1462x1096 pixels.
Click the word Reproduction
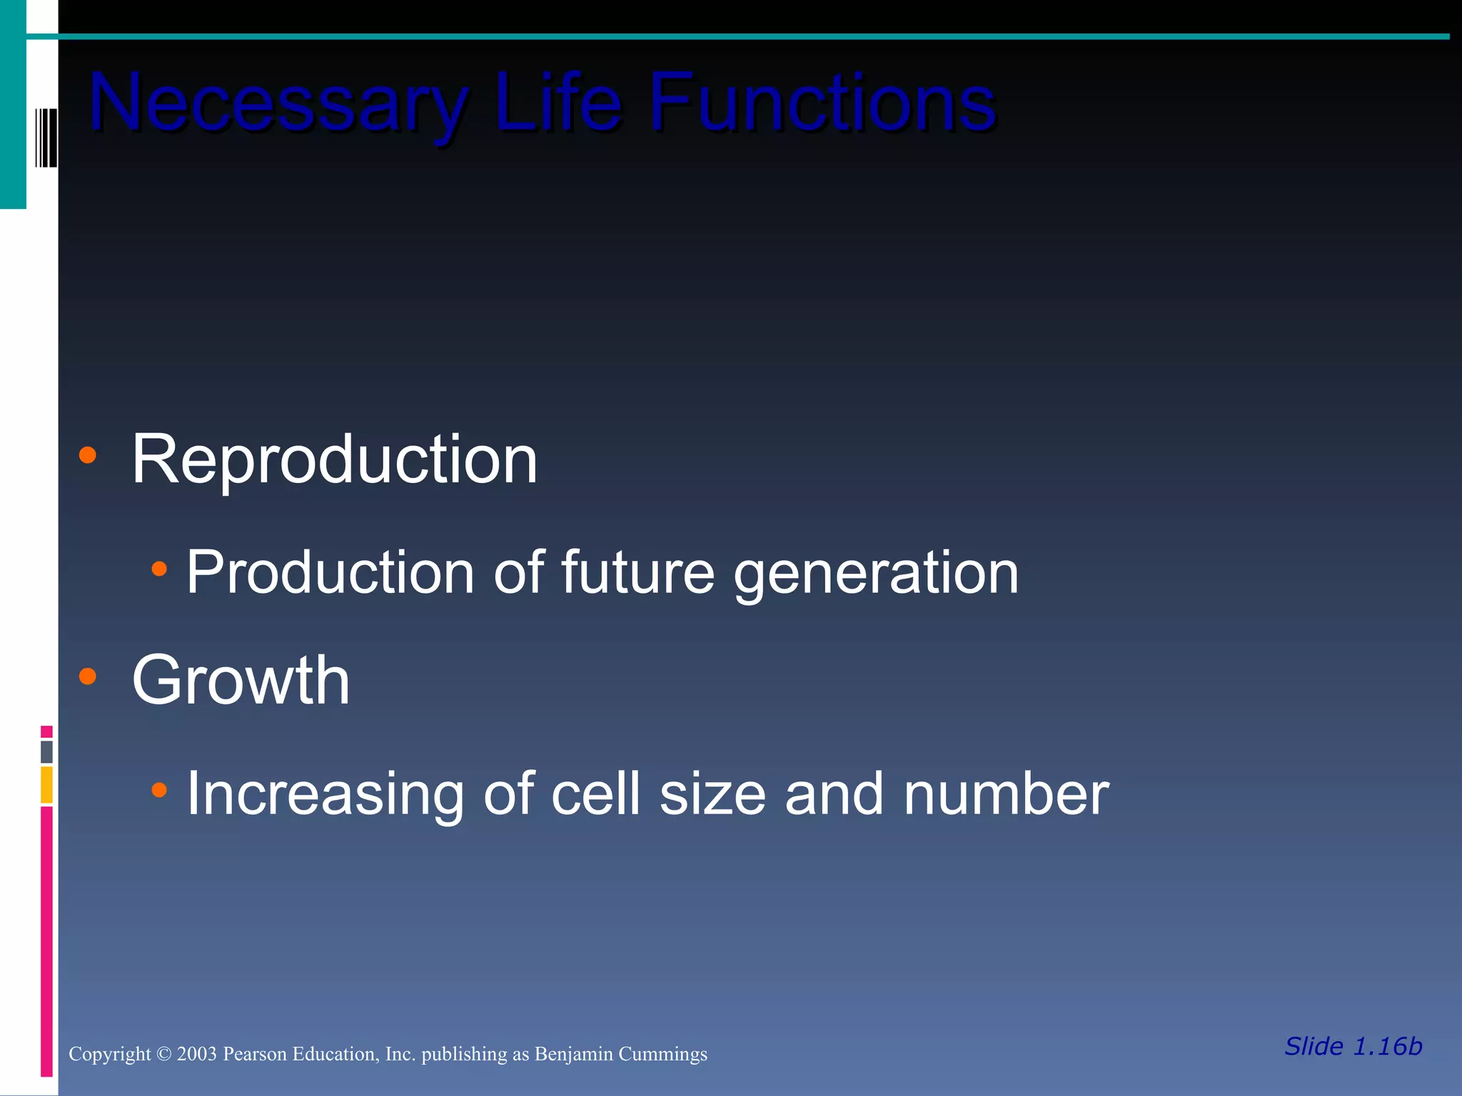point(334,460)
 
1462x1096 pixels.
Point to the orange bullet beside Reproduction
point(87,455)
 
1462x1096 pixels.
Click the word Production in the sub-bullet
point(330,572)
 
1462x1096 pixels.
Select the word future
point(637,572)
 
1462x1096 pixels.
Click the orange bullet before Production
point(159,569)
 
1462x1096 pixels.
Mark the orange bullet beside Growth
point(87,676)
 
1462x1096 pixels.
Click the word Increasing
point(325,794)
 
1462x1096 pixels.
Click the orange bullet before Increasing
point(159,789)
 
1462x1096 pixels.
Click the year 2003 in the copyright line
point(196,1054)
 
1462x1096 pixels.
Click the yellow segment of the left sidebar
point(46,785)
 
